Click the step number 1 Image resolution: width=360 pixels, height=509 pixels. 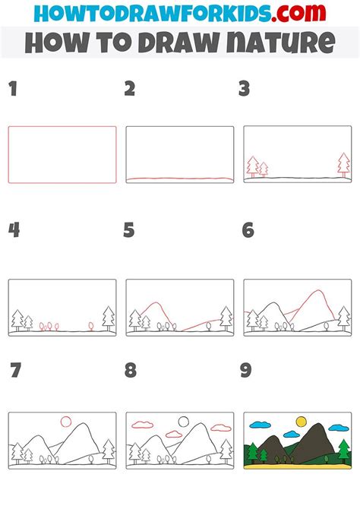point(13,89)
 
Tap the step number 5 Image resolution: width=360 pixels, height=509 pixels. point(129,230)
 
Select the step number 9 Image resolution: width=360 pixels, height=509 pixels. point(246,370)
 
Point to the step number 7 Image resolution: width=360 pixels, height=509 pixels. point(16,370)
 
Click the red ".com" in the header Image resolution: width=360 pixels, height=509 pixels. point(298,13)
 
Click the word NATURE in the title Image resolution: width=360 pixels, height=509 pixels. point(280,43)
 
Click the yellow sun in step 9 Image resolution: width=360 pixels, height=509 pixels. point(302,422)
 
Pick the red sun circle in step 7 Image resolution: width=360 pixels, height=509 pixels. point(66,422)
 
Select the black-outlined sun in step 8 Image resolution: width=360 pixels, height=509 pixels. point(183,422)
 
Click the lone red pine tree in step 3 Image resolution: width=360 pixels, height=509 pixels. point(344,165)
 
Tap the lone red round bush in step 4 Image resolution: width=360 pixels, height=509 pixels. point(91,326)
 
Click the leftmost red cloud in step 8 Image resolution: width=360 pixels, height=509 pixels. point(143,424)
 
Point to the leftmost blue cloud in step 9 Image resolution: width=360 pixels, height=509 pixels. point(260,424)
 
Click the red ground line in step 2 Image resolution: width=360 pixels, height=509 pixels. point(180,179)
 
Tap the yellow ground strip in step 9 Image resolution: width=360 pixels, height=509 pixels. point(298,466)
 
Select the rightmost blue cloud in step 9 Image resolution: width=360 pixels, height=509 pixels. point(339,428)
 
